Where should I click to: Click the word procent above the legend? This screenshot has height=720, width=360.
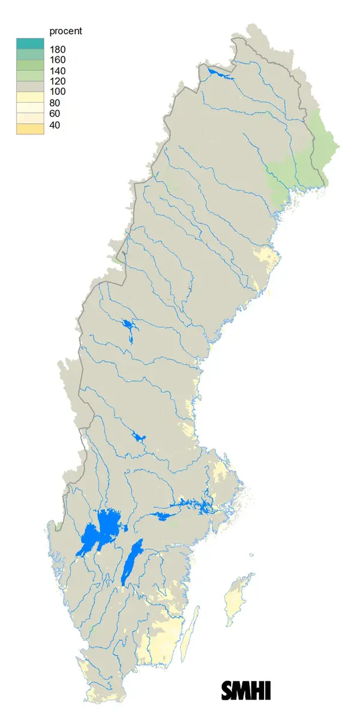tap(65, 31)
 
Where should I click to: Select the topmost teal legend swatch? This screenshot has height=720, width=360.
tap(30, 43)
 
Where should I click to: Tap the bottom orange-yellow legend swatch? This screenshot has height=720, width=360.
tap(30, 129)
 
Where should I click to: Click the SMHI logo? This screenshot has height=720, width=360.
tap(246, 690)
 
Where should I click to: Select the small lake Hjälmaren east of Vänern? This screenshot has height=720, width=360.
tap(162, 515)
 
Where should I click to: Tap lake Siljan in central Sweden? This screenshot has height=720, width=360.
tap(139, 436)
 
